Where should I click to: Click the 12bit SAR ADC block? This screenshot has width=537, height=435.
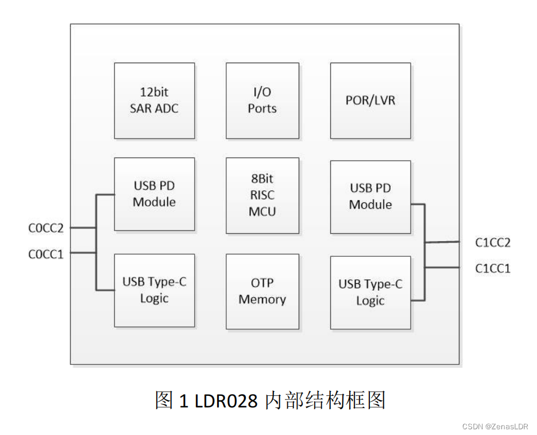click(154, 101)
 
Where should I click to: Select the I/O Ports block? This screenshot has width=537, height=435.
click(262, 101)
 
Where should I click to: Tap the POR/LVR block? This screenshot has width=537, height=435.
click(370, 101)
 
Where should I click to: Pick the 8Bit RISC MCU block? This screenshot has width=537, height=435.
click(262, 195)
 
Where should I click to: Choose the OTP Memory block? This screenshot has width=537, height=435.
click(262, 291)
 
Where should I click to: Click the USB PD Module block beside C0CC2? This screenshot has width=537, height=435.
click(154, 194)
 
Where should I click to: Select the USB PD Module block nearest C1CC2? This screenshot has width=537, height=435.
click(370, 197)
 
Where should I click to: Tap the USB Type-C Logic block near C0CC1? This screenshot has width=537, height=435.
click(154, 290)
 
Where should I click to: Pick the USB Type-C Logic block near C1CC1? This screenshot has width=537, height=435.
click(370, 292)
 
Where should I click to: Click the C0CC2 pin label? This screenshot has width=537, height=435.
click(46, 228)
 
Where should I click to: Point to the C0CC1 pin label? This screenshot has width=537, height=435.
click(46, 255)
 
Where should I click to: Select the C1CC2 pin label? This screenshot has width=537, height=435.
click(493, 242)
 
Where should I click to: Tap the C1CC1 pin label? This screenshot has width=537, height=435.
click(493, 268)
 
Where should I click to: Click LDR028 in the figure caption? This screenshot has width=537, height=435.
click(226, 401)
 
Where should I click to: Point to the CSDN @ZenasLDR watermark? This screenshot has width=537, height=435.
click(495, 426)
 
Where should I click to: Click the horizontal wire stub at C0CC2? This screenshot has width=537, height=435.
click(83, 228)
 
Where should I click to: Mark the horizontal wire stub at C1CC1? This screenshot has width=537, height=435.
click(442, 267)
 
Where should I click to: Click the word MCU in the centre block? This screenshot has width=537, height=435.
click(262, 211)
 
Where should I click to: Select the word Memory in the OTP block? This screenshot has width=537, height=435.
click(262, 299)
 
